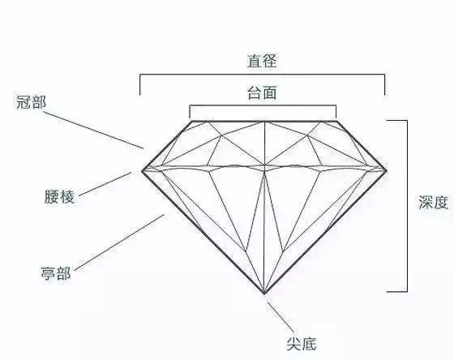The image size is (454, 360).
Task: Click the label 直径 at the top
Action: pyautogui.click(x=262, y=61)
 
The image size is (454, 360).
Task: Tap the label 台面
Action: pyautogui.click(x=262, y=92)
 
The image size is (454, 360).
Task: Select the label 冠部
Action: pyautogui.click(x=32, y=102)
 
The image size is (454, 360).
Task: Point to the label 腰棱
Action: pyautogui.click(x=59, y=197)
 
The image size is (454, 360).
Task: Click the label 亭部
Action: pyautogui.click(x=56, y=273)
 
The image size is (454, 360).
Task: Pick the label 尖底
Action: pyautogui.click(x=302, y=344)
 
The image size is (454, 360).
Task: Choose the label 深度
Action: pyautogui.click(x=434, y=202)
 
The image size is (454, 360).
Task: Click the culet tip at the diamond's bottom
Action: pyautogui.click(x=264, y=294)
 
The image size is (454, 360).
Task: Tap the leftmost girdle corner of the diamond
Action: pyautogui.click(x=142, y=170)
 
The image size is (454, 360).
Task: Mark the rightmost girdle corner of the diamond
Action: pyautogui.click(x=388, y=170)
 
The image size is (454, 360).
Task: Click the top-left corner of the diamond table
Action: pyautogui.click(x=192, y=121)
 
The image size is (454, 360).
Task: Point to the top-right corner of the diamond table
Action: pyautogui.click(x=336, y=121)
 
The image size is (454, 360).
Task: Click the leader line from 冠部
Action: pyautogui.click(x=93, y=131)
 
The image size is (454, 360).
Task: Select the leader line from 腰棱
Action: pyautogui.click(x=105, y=184)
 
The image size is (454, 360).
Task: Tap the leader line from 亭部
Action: pyautogui.click(x=119, y=242)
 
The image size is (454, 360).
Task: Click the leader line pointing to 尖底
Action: pyautogui.click(x=281, y=317)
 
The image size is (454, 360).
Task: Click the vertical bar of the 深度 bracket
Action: pyautogui.click(x=407, y=206)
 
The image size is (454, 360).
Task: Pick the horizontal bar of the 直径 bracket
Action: pyautogui.click(x=263, y=75)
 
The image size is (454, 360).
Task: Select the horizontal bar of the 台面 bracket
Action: pyautogui.click(x=263, y=105)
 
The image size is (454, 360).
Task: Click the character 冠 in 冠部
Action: pyautogui.click(x=24, y=102)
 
